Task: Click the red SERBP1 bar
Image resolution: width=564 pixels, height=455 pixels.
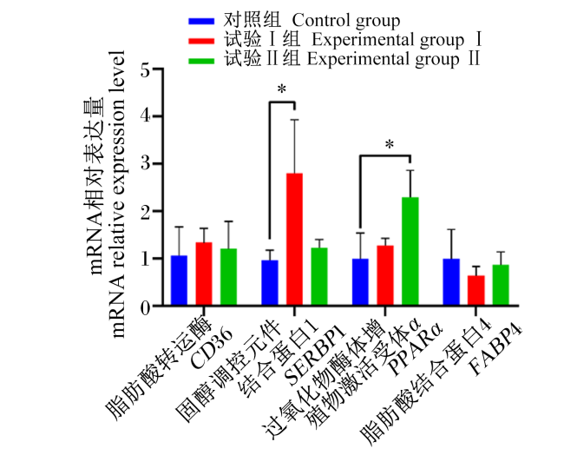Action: (x=295, y=239)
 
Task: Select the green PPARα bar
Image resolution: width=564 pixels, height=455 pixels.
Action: (x=410, y=251)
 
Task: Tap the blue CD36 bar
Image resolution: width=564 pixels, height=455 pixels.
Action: (x=179, y=280)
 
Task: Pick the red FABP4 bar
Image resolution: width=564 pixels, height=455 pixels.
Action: (x=476, y=290)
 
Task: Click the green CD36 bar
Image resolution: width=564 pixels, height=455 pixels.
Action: (x=229, y=276)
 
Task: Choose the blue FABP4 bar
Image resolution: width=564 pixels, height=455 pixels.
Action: (x=451, y=281)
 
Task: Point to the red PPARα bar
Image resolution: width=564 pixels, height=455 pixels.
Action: (x=385, y=275)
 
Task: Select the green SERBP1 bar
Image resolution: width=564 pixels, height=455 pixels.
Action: (x=319, y=276)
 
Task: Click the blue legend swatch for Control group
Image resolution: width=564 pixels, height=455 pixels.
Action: (x=201, y=21)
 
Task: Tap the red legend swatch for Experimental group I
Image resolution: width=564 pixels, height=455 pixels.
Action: (x=201, y=41)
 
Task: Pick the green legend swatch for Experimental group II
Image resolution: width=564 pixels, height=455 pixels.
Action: (x=201, y=61)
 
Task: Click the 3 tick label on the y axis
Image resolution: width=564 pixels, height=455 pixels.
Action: (x=146, y=164)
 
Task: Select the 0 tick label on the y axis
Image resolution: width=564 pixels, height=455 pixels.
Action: (x=146, y=307)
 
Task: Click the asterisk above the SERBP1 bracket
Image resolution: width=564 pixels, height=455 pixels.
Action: (x=282, y=89)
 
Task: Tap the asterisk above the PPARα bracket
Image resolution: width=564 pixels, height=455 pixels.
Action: (x=390, y=145)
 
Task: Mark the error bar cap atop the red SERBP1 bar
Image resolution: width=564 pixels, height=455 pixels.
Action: (x=295, y=120)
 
